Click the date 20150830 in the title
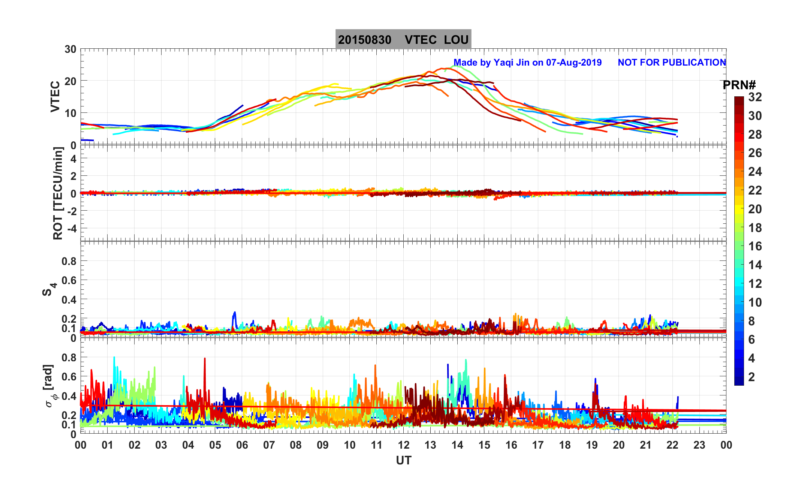[x=364, y=40]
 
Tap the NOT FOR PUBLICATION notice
[x=672, y=62]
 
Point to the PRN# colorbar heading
[x=739, y=85]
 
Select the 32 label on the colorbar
[x=755, y=97]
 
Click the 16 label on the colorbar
[x=755, y=246]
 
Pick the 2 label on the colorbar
[x=752, y=377]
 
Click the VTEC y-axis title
[x=55, y=96]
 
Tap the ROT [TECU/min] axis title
[x=58, y=193]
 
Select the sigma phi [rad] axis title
[x=50, y=386]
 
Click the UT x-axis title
[x=404, y=460]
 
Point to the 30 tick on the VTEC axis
[x=70, y=49]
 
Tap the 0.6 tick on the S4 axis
[x=69, y=280]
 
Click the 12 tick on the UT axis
[x=403, y=445]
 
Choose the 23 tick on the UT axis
[x=699, y=445]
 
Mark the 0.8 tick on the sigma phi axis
[x=69, y=357]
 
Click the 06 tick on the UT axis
[x=242, y=445]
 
